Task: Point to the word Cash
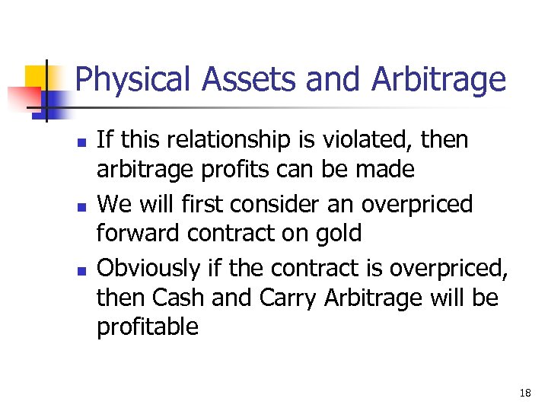pyautogui.click(x=181, y=298)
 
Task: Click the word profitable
pyautogui.click(x=148, y=327)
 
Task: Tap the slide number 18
pyautogui.click(x=524, y=393)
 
